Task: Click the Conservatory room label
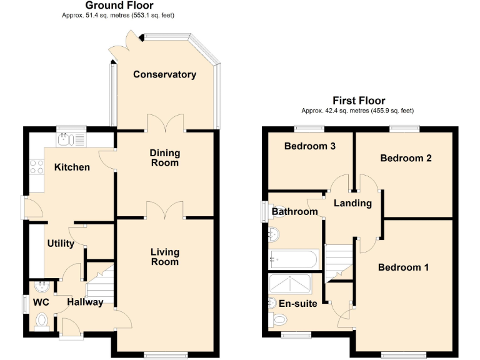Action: click(164, 74)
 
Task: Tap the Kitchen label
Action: click(71, 167)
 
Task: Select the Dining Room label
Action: click(164, 157)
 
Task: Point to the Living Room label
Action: click(164, 257)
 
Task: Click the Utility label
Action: click(61, 243)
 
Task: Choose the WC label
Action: click(41, 302)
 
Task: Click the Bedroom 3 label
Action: click(310, 146)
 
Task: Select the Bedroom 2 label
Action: click(406, 158)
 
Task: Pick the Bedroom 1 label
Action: click(403, 267)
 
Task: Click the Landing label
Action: click(352, 203)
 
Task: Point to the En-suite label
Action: click(297, 304)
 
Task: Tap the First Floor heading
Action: click(358, 100)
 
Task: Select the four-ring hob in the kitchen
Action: click(36, 167)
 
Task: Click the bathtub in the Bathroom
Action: click(294, 258)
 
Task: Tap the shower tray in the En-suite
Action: click(290, 284)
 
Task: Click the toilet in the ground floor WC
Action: click(42, 321)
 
